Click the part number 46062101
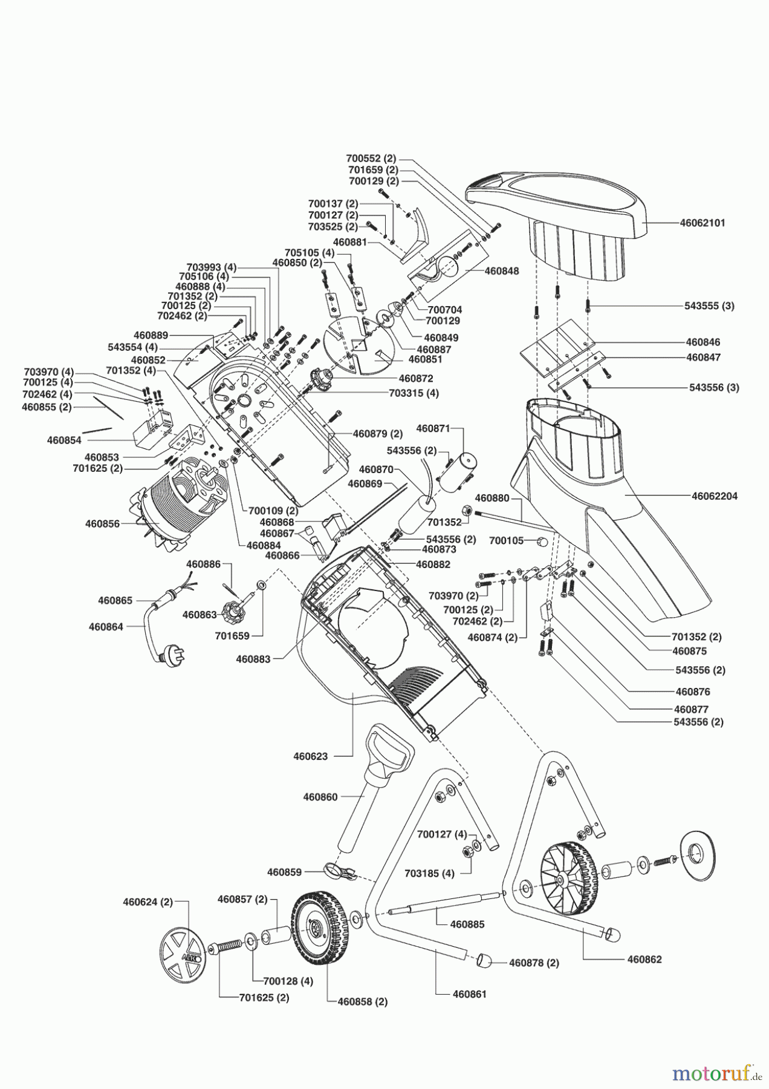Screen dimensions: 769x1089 (702, 223)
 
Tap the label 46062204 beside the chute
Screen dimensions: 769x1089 (715, 496)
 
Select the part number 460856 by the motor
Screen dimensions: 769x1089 (103, 524)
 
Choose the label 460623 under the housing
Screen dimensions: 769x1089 (311, 756)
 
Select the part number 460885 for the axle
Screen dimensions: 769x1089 (467, 924)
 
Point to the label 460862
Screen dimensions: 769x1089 (644, 959)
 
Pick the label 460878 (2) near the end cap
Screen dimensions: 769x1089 (534, 963)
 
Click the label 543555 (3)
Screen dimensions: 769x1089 (710, 306)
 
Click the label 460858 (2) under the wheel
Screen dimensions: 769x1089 (363, 1001)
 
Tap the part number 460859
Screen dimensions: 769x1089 (285, 872)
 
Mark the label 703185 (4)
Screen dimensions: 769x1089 (429, 874)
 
